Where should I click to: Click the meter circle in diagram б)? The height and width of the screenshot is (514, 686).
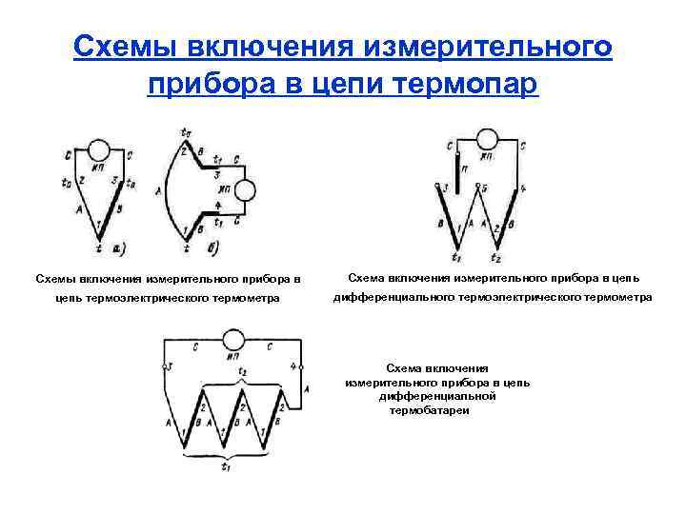pyautogui.click(x=245, y=190)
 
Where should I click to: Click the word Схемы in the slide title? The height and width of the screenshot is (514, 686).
pyautogui.click(x=126, y=47)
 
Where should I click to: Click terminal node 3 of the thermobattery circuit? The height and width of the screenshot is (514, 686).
pyautogui.click(x=170, y=366)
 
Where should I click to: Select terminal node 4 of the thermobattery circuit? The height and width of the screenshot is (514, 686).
pyautogui.click(x=301, y=366)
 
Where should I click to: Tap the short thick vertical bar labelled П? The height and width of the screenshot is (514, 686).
pyautogui.click(x=457, y=168)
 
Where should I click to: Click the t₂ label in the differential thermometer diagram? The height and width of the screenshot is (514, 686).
pyautogui.click(x=495, y=257)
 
